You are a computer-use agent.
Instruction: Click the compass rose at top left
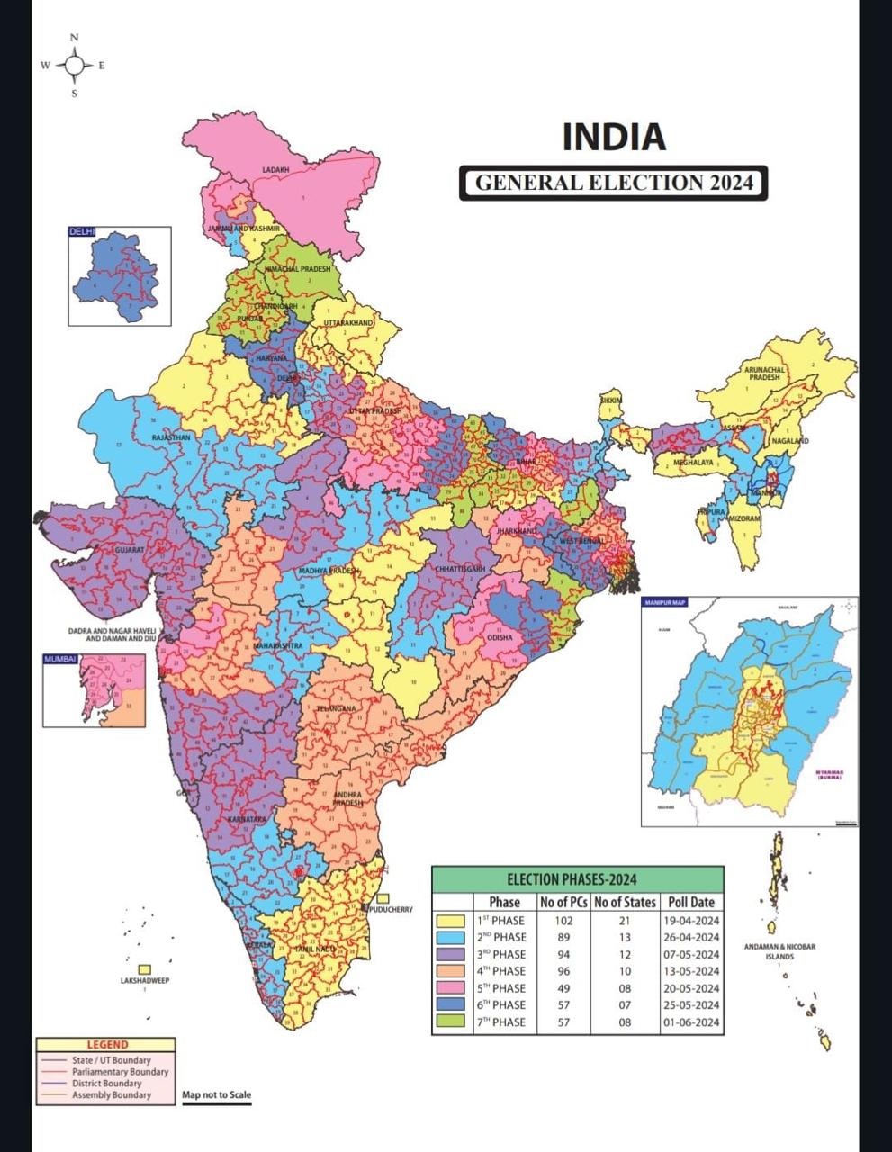pos(75,65)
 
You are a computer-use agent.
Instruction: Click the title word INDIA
pos(614,137)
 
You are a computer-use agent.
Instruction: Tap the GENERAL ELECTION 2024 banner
pos(613,183)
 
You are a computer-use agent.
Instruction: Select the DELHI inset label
pos(82,232)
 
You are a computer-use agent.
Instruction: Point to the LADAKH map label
pos(275,169)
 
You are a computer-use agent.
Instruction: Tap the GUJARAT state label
pos(129,548)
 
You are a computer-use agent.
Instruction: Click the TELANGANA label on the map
pos(336,709)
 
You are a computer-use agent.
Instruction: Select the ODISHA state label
pos(500,637)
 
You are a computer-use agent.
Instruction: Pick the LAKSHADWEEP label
pos(144,980)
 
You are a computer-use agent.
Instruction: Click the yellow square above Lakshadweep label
pos(144,968)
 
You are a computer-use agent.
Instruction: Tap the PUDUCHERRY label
pos(391,909)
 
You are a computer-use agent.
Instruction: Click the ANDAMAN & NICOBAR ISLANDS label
pos(779,951)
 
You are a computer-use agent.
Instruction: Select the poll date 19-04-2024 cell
pos(691,921)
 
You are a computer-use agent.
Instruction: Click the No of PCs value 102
pos(563,921)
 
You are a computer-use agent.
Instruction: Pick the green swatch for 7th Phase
pos(450,1021)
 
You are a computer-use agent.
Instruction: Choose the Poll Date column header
pos(691,902)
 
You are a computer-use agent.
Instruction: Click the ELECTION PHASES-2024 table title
pos(577,879)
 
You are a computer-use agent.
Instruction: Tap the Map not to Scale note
pos(216,1095)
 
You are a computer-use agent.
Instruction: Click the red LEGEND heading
pos(107,1045)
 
